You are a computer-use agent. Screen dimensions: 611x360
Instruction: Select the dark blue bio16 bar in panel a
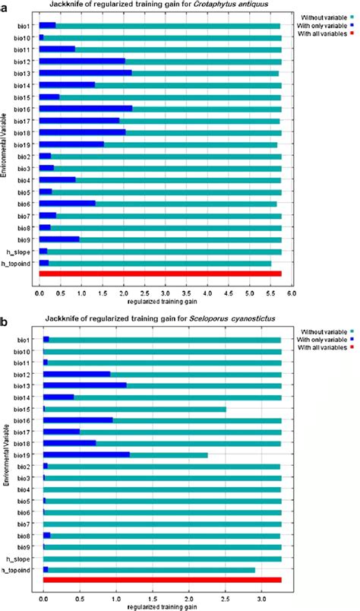coord(85,109)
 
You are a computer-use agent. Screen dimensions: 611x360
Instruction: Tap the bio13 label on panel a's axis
coord(22,73)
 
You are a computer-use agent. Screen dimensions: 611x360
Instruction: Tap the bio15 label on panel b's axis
coord(22,409)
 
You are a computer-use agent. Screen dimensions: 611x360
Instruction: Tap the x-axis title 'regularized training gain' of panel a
coord(160,300)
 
